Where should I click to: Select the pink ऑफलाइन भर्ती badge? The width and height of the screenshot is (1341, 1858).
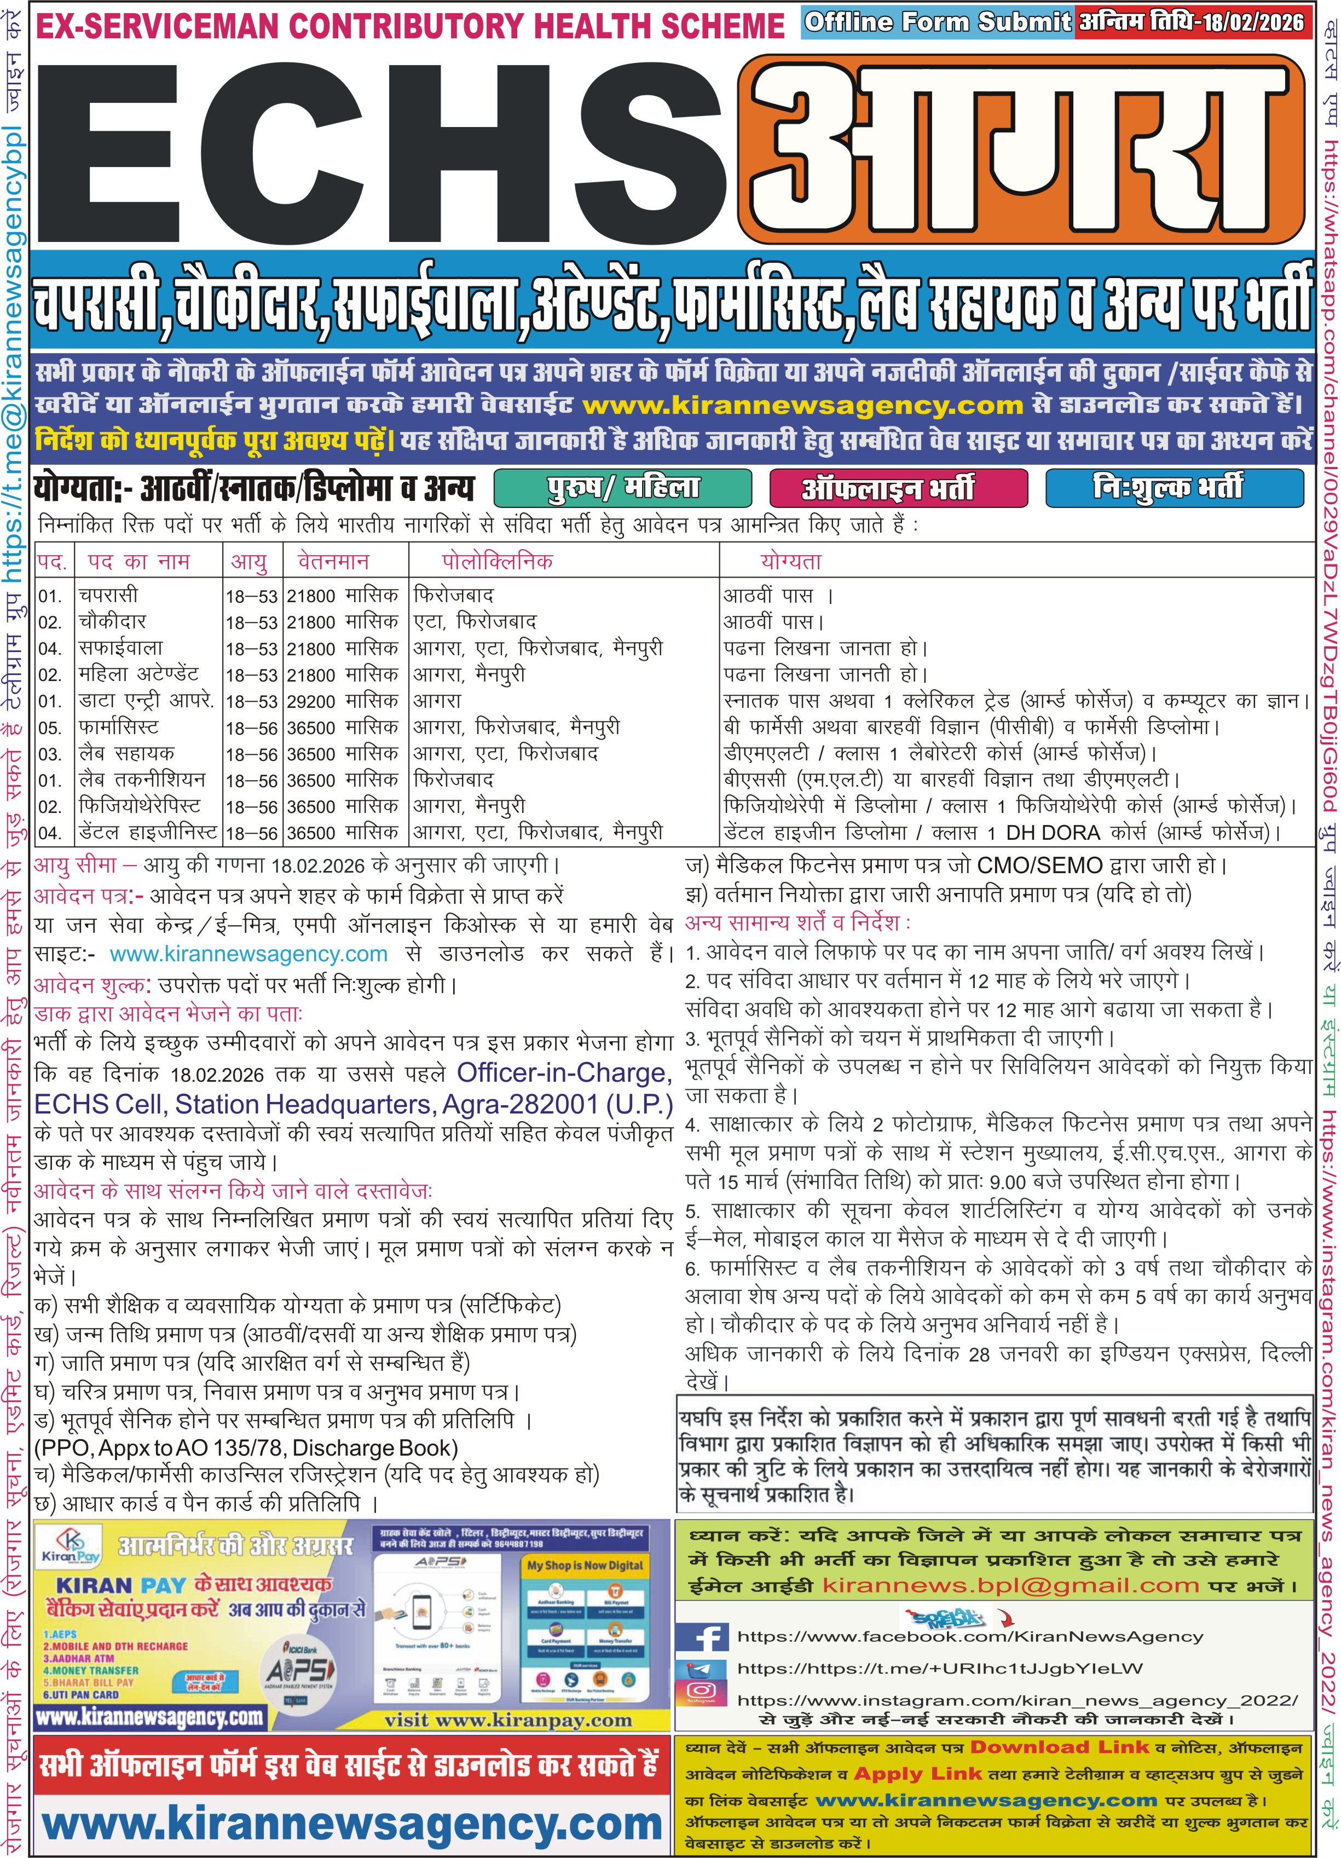point(898,488)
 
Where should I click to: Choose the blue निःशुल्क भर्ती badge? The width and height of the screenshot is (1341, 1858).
point(1173,488)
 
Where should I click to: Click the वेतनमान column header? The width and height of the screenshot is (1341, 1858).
point(333,562)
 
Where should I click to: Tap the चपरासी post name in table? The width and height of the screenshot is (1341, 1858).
point(109,595)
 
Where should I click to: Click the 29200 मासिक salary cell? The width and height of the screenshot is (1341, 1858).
point(343,701)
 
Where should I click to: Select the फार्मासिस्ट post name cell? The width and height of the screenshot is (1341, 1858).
point(119,728)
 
